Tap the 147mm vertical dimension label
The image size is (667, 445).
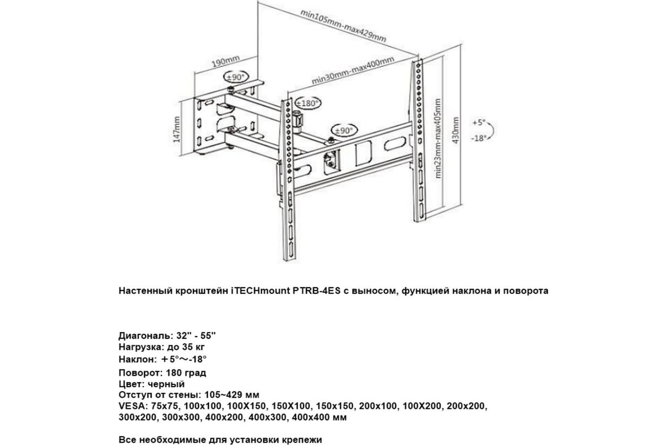[177, 129]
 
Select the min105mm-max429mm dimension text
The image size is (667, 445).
[343, 26]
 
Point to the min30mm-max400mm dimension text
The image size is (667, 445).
[353, 71]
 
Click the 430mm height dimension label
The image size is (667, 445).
[455, 130]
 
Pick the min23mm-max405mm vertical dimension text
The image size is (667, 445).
[438, 139]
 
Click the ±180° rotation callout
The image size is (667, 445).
[308, 103]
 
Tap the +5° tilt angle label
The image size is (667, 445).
[479, 122]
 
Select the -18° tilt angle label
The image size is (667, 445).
[479, 138]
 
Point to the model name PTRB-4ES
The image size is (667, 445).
[316, 290]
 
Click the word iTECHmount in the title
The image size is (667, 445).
[261, 290]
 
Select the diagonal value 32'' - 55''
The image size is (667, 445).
[196, 335]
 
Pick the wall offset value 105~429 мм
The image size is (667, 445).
[232, 395]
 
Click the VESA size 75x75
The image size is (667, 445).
[165, 406]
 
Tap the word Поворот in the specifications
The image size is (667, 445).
[141, 373]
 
